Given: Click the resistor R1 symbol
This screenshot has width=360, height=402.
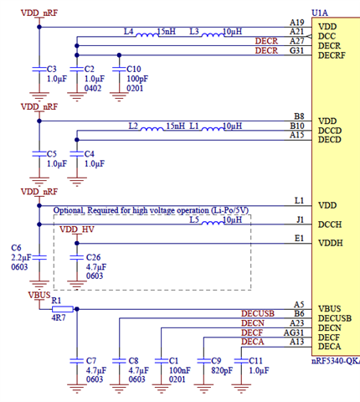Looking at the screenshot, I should (x=57, y=308).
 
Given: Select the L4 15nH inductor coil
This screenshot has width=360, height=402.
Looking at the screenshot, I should (x=149, y=33).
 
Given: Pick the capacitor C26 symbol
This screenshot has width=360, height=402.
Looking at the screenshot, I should (x=76, y=257).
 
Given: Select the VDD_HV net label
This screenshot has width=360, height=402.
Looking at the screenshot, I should (x=77, y=229).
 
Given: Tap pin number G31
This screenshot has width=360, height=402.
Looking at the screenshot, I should (x=297, y=50).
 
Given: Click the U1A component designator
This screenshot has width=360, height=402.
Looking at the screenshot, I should (x=320, y=13).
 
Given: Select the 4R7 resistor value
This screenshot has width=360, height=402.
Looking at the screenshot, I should (x=59, y=319).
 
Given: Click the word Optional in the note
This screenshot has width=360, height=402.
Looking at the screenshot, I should (x=69, y=210).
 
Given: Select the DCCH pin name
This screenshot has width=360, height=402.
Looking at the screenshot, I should (x=330, y=224).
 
